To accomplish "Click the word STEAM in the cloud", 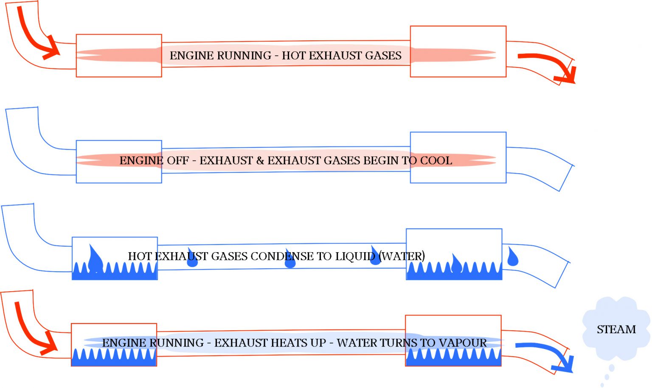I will coord(616,329).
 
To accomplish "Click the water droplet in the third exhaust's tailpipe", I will coord(513,257).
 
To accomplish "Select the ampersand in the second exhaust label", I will coord(260,160).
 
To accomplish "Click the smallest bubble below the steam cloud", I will coord(602,385).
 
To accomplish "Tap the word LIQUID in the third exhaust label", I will coord(355,256).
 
